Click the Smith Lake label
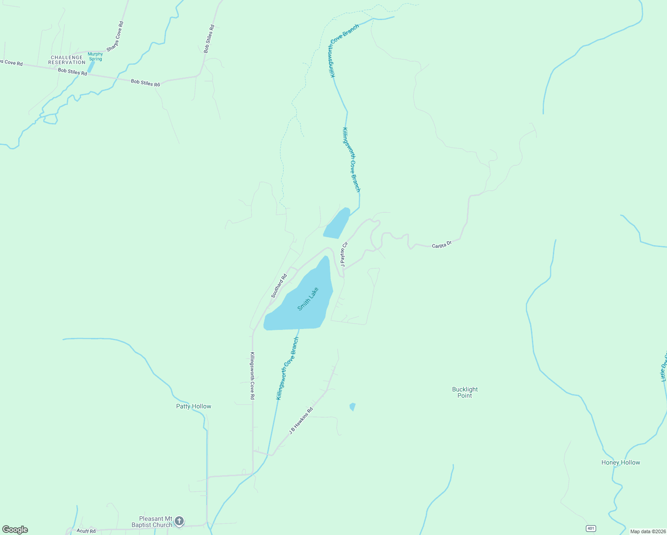(x=308, y=299)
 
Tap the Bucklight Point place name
(x=465, y=392)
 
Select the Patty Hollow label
(x=194, y=406)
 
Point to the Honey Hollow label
(x=621, y=462)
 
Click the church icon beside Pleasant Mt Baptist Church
(x=179, y=521)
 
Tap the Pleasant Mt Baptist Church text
(x=152, y=522)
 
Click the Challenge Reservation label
(x=67, y=60)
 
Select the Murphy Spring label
(x=95, y=57)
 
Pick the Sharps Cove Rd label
(x=115, y=36)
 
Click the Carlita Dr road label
(x=442, y=244)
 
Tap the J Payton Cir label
(x=344, y=254)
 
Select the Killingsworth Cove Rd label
(x=252, y=375)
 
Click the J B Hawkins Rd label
(x=301, y=420)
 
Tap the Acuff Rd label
(x=86, y=531)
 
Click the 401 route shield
(x=591, y=528)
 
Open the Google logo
(x=15, y=530)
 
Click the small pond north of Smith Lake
(x=337, y=223)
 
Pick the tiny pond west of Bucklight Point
(x=353, y=407)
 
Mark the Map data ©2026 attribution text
(x=647, y=531)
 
